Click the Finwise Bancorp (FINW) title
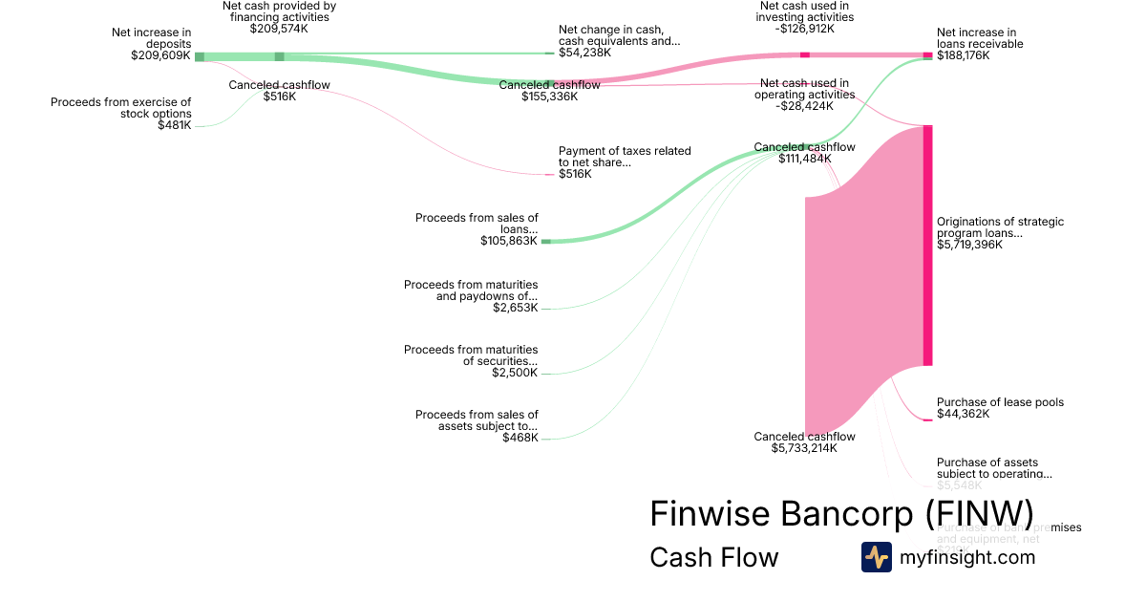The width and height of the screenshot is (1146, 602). click(x=840, y=513)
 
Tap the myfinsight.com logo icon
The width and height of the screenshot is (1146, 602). click(x=876, y=557)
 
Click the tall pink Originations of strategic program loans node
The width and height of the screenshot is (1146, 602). click(x=927, y=246)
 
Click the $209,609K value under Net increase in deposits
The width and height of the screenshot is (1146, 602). click(x=160, y=55)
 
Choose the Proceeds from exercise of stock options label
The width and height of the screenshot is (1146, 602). click(x=120, y=108)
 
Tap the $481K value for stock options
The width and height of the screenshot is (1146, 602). click(x=174, y=125)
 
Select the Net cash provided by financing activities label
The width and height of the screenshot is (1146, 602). click(x=279, y=11)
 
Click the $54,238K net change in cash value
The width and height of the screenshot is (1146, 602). click(x=584, y=53)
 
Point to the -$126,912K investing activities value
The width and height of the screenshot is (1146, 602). click(x=804, y=29)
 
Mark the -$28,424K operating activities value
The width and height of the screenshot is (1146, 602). click(x=804, y=106)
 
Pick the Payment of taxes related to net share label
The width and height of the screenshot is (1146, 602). click(x=625, y=157)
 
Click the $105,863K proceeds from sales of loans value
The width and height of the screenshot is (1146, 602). click(x=509, y=241)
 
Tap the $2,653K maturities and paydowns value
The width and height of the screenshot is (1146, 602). click(x=515, y=308)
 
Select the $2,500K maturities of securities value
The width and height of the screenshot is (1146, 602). click(x=515, y=373)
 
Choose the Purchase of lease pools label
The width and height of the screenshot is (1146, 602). click(x=1000, y=402)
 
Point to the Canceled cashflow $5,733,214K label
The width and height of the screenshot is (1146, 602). click(x=804, y=441)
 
